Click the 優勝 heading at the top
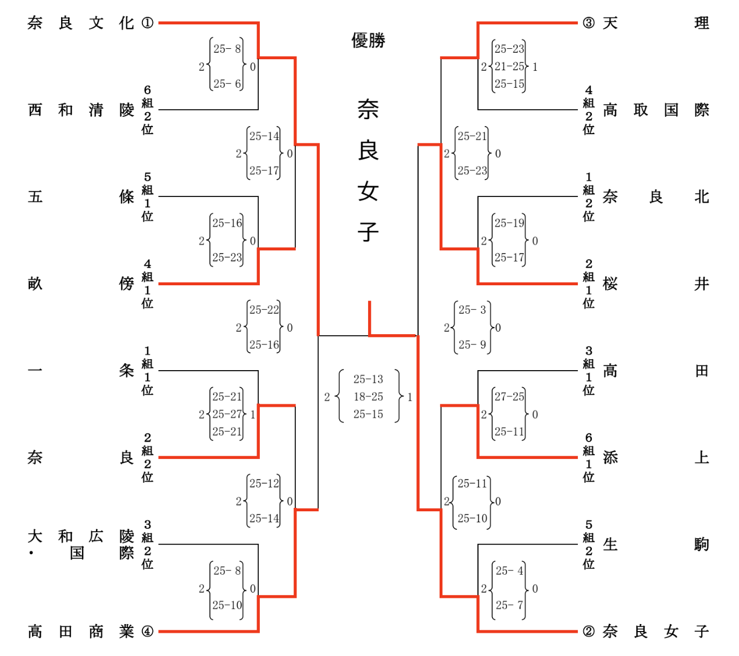tap(368, 40)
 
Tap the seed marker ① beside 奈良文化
tap(148, 23)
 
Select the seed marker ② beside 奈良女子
tap(588, 631)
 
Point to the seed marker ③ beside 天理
tap(588, 23)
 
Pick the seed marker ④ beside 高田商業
tap(148, 631)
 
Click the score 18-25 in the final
tap(368, 397)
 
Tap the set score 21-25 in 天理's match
tap(509, 66)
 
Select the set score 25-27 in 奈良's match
tap(227, 414)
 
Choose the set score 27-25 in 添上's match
tap(509, 397)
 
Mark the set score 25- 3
tap(472, 310)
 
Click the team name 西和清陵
tap(81, 110)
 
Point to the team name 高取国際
tap(656, 110)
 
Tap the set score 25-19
tap(509, 223)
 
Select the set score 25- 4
tap(509, 571)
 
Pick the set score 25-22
tap(264, 310)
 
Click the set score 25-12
tap(264, 483)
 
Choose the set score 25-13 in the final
tap(368, 379)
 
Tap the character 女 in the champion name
tap(368, 191)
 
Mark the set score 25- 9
tap(472, 345)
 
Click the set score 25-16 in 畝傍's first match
tap(227, 223)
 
